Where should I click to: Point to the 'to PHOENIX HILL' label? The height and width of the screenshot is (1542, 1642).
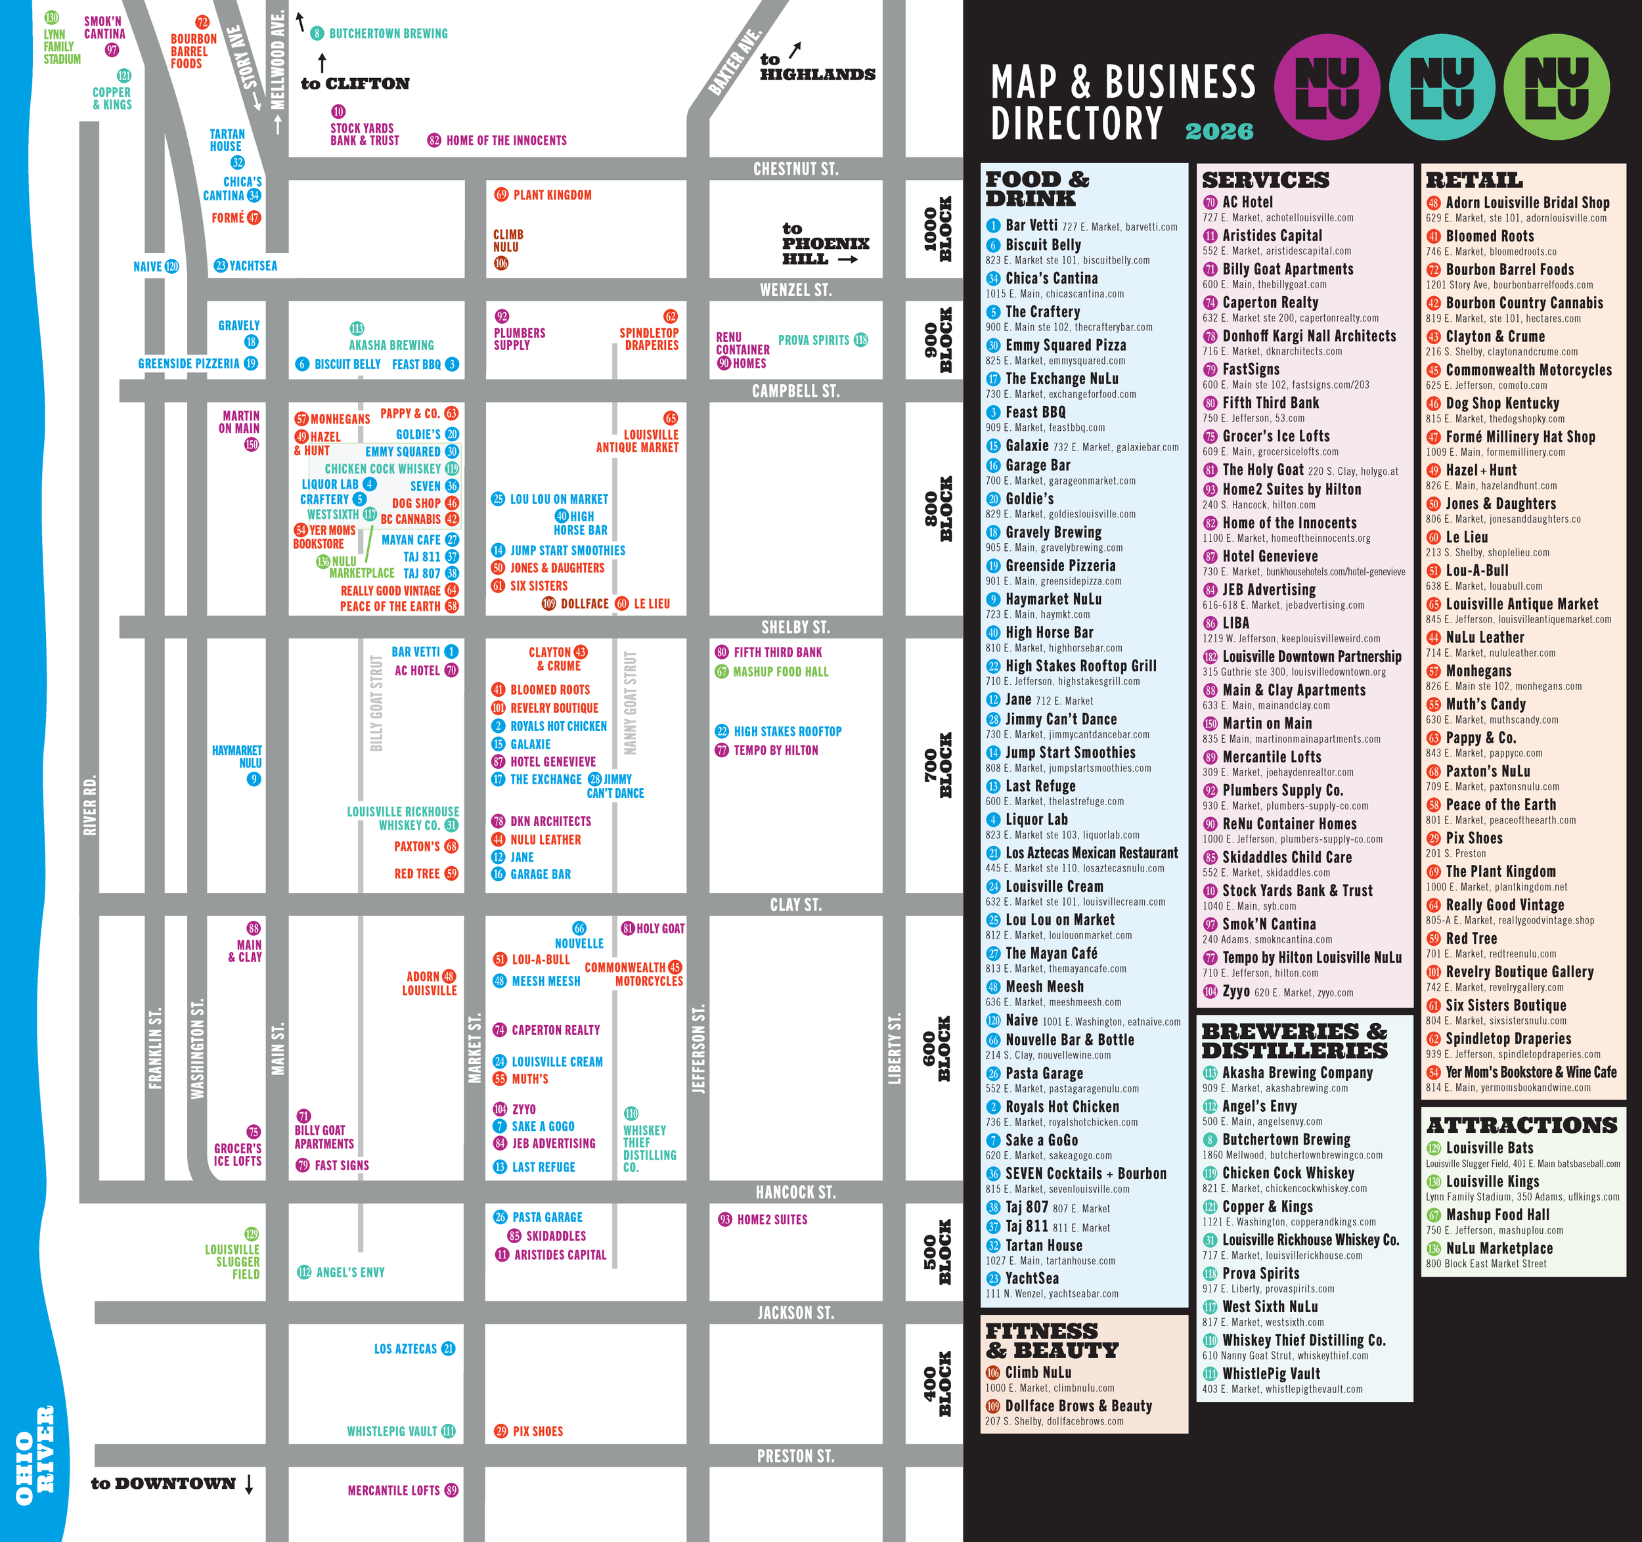click(824, 244)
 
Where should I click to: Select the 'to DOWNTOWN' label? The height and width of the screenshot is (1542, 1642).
click(164, 1484)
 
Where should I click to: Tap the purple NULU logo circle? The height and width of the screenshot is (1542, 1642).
click(1327, 87)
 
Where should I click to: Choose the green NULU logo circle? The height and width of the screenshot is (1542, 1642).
click(1556, 87)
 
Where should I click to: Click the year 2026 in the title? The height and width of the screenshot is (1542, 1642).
click(1219, 131)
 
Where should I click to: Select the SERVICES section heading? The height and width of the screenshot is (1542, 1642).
click(1266, 180)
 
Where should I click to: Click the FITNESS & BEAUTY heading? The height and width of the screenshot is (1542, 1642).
click(1052, 1340)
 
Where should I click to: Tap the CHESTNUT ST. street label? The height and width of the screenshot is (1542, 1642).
click(795, 169)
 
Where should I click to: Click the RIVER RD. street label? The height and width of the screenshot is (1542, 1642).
click(90, 805)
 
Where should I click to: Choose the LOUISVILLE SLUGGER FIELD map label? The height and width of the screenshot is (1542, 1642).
click(234, 1261)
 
